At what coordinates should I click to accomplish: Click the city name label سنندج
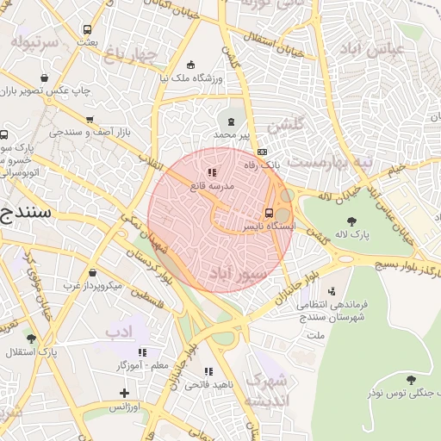[x=26, y=210]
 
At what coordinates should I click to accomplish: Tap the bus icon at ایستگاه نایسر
[x=269, y=213]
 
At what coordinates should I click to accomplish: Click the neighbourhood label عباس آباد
[x=371, y=48]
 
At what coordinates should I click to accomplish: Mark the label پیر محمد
[x=231, y=135]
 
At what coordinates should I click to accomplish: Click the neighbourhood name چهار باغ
[x=132, y=57]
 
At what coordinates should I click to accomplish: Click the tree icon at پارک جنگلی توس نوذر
[x=410, y=379]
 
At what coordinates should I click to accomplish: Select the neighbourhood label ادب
[x=116, y=332]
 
